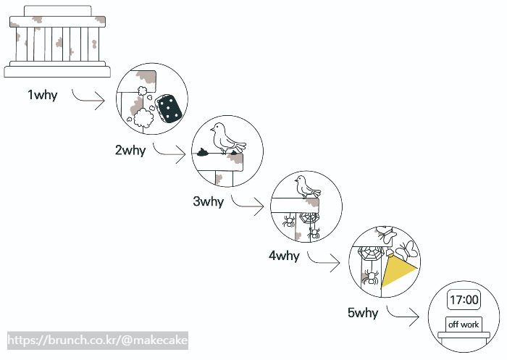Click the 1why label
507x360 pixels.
42,95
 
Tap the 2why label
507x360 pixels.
130,151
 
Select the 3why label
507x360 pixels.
208,202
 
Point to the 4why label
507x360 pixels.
283,256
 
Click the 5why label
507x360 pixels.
362,314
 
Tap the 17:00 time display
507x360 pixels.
464,300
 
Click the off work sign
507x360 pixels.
464,325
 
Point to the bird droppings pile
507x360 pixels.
202,152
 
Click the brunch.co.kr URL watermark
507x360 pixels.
97,340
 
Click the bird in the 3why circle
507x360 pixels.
306,186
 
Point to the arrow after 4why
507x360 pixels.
323,261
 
